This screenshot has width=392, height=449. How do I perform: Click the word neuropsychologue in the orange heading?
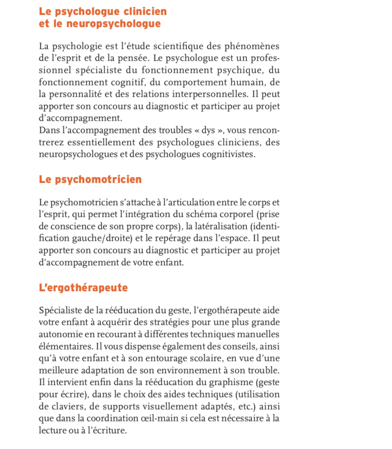(114, 24)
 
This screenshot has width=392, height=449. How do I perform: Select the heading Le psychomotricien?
(90, 179)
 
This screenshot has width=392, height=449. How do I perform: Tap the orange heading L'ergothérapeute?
(83, 288)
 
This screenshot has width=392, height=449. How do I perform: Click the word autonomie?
(59, 334)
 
